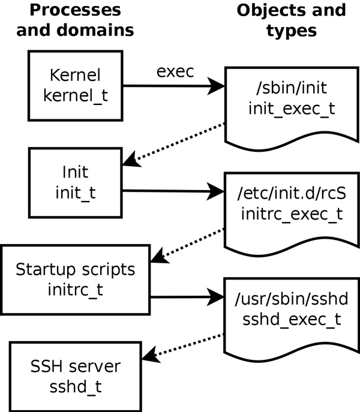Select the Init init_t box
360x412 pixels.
point(76,183)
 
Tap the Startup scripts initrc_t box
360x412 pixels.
point(76,279)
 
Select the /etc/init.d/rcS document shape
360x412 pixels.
point(292,210)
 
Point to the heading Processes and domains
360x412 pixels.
point(75,20)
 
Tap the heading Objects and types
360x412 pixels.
point(291,20)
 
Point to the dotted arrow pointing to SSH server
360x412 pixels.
point(186,347)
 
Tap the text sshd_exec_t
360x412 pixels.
point(292,320)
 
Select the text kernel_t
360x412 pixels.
point(76,95)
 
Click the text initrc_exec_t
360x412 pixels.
point(292,215)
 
